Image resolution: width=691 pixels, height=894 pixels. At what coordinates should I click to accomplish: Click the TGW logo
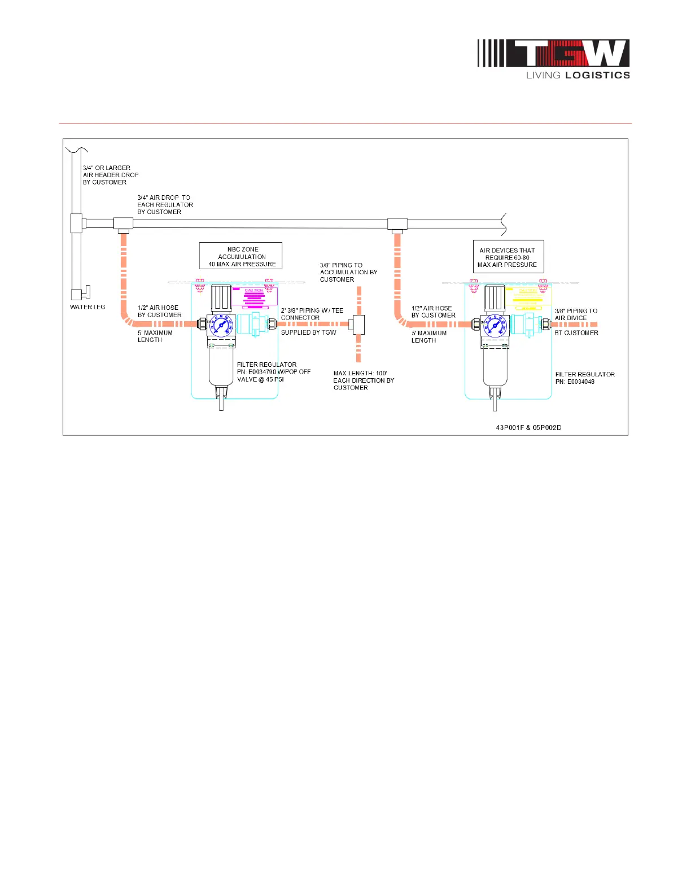click(x=553, y=54)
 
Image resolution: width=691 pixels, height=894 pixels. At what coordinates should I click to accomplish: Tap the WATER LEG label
click(x=88, y=307)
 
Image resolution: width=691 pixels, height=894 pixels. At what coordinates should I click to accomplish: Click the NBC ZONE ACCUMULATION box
click(x=241, y=256)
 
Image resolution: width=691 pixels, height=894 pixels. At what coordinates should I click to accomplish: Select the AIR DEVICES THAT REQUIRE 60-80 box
click(x=508, y=257)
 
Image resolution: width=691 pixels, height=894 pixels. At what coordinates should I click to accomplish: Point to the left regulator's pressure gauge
click(x=220, y=326)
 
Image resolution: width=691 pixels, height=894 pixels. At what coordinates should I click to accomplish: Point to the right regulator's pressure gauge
click(x=495, y=326)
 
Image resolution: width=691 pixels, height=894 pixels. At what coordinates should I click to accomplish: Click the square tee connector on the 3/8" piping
click(x=357, y=325)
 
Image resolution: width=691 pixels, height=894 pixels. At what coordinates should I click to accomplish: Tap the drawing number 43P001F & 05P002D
click(x=528, y=428)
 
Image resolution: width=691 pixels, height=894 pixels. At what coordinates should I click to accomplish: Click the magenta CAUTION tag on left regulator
click(x=254, y=297)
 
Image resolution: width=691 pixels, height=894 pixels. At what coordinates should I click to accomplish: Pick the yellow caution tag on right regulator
click(x=528, y=297)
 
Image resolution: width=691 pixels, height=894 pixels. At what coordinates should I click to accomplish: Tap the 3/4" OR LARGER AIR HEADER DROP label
click(x=111, y=175)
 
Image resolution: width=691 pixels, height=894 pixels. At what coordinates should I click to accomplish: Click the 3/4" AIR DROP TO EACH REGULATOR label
click(x=165, y=205)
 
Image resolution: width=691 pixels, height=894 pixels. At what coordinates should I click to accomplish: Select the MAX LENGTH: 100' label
click(x=363, y=380)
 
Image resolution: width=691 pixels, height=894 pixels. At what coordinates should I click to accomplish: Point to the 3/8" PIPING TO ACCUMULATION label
click(x=348, y=272)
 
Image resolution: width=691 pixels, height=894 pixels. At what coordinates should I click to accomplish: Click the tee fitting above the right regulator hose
click(x=397, y=224)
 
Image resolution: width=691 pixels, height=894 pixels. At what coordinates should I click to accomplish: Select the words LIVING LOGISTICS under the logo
click(x=578, y=75)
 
